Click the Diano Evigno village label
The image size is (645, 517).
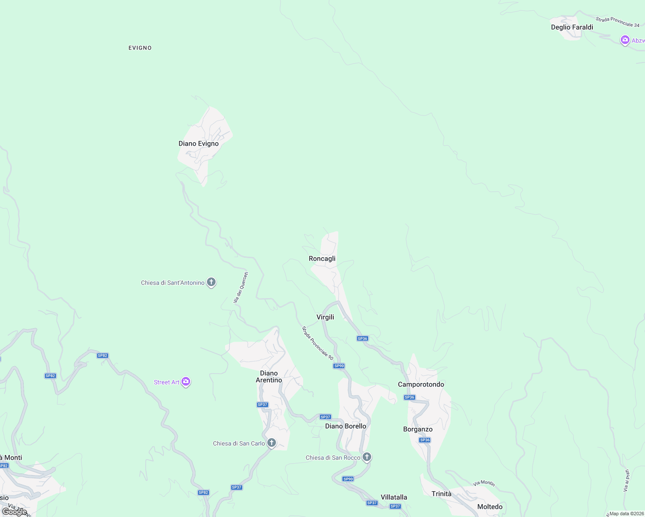click(x=198, y=143)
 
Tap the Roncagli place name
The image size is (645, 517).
click(x=322, y=258)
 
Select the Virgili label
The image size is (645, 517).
click(x=325, y=317)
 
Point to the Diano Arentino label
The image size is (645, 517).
click(x=269, y=377)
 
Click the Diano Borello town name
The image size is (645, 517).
click(x=345, y=426)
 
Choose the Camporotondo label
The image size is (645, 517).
click(x=421, y=384)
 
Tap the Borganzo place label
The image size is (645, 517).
click(x=418, y=429)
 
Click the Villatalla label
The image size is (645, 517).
click(x=394, y=497)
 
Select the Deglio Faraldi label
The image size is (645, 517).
click(x=572, y=27)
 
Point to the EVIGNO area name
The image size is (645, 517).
click(x=140, y=48)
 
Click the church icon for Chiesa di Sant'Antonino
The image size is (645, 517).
click(x=211, y=282)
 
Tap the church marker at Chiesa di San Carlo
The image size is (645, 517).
click(x=272, y=443)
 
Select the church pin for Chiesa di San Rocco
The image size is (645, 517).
click(x=367, y=457)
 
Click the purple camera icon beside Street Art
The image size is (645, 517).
click(x=186, y=382)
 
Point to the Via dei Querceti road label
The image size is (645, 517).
click(x=241, y=287)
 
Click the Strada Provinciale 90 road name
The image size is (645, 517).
click(x=317, y=343)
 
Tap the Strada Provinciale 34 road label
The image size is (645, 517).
click(x=617, y=22)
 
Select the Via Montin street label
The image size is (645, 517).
click(x=484, y=483)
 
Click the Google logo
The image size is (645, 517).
click(x=14, y=511)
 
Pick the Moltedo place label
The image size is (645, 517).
click(x=490, y=507)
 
